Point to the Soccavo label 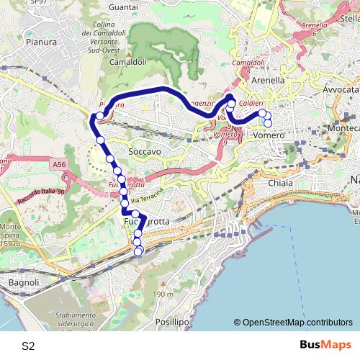coord(144,153)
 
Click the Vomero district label coord(270,135)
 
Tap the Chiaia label coord(280,183)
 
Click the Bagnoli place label coord(23,283)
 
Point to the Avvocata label coord(341,89)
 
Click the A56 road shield coord(59,166)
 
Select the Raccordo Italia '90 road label coord(41,198)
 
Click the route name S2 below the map coord(28,346)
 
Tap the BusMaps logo coord(326,345)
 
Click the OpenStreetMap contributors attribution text coord(297,323)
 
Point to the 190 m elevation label coord(163,294)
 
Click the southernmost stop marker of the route coord(138,251)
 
